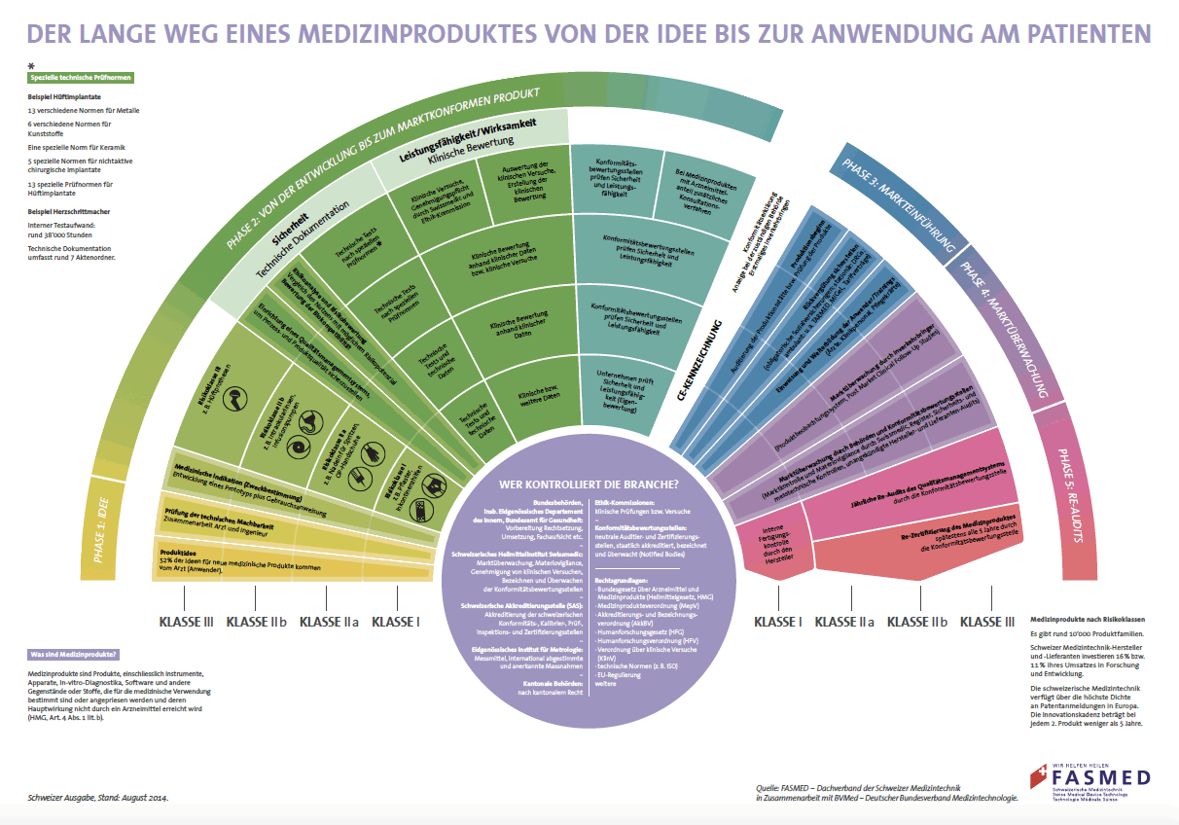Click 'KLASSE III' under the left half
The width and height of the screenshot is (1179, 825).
180,622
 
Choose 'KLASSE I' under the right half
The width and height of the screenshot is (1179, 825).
778,622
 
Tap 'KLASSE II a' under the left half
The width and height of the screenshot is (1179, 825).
329,622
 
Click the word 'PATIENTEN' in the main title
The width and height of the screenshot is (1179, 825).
1090,34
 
